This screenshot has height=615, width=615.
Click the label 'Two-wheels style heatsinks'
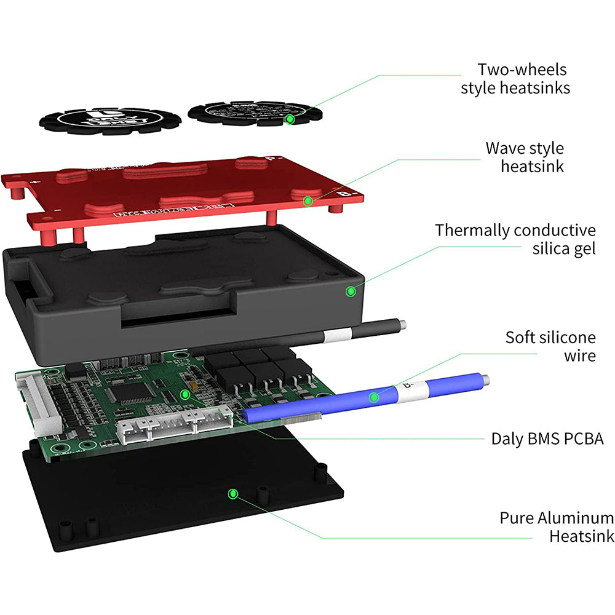pyautogui.click(x=515, y=79)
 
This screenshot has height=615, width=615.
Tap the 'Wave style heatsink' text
pyautogui.click(x=524, y=157)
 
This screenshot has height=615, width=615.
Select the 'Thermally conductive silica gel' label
pyautogui.click(x=515, y=239)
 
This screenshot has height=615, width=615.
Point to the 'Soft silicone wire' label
pyautogui.click(x=550, y=346)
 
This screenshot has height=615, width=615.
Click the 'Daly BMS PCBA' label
pyautogui.click(x=547, y=438)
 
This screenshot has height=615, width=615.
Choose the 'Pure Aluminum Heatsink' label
pyautogui.click(x=556, y=527)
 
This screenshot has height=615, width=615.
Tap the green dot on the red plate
pyautogui.click(x=308, y=200)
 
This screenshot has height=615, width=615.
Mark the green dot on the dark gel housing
pyautogui.click(x=351, y=291)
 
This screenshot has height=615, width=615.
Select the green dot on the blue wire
pyautogui.click(x=373, y=397)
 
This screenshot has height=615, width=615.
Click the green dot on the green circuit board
pyautogui.click(x=184, y=393)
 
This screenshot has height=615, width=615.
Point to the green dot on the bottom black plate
pyautogui.click(x=232, y=493)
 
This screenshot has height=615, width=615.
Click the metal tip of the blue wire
pyautogui.click(x=485, y=379)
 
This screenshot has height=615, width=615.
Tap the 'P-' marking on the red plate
pyautogui.click(x=272, y=159)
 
